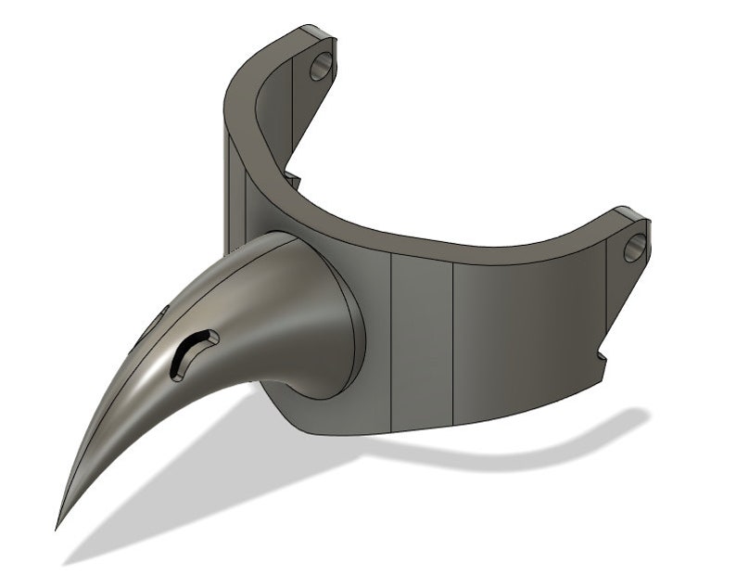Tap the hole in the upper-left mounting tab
pyautogui.click(x=321, y=65)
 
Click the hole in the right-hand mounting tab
pyautogui.click(x=636, y=247)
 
